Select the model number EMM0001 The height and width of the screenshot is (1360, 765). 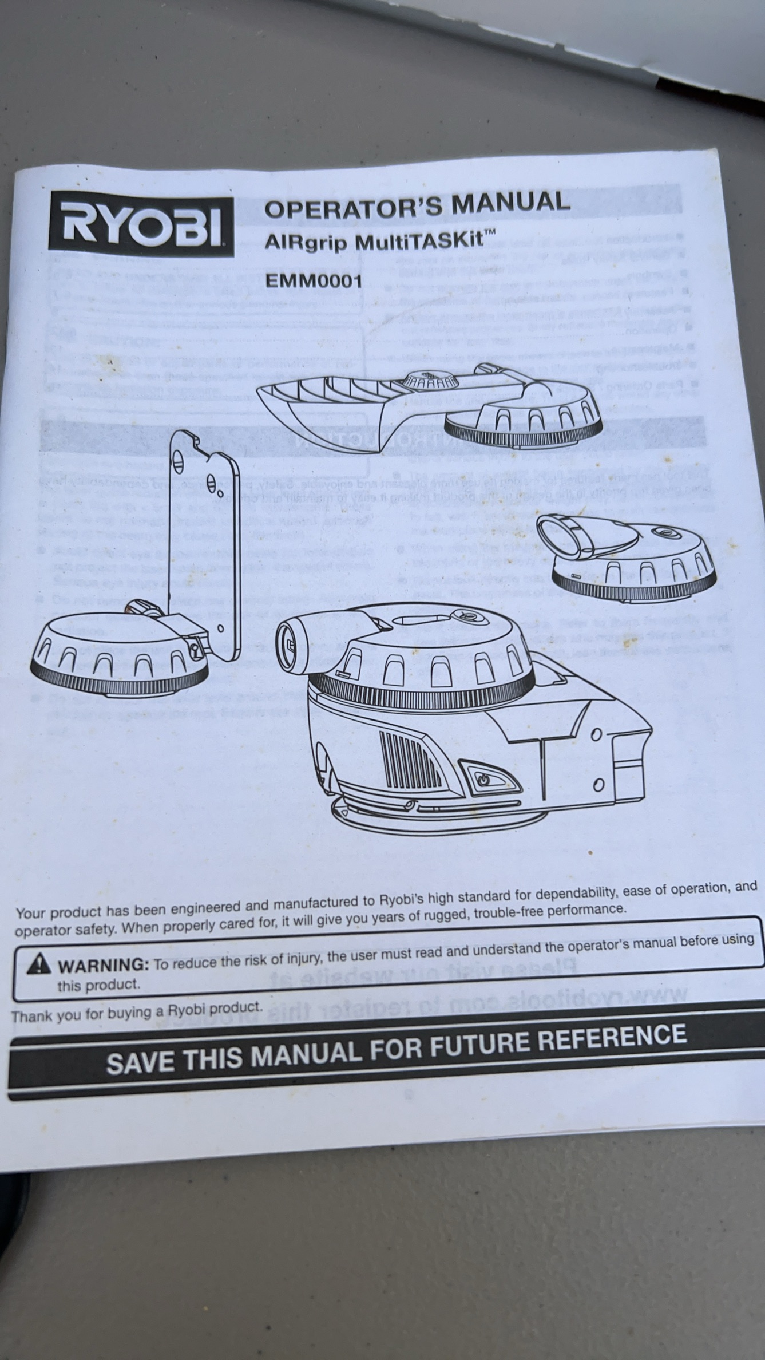click(313, 282)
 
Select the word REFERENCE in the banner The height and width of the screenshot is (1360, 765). click(615, 1035)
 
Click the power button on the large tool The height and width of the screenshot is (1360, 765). click(484, 779)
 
